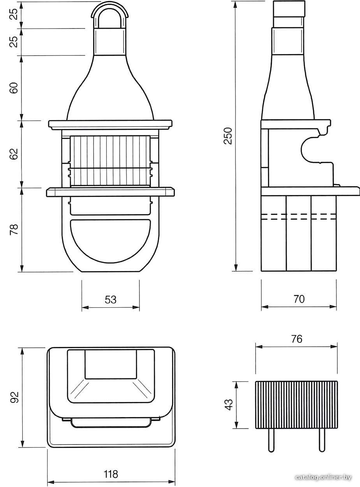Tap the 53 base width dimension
(x=111, y=300)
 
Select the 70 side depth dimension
(x=299, y=299)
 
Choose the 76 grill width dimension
(x=296, y=339)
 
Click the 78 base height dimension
(x=14, y=229)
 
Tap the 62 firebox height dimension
(x=14, y=154)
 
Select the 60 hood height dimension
(x=14, y=88)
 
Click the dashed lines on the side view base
(x=298, y=216)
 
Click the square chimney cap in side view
(x=289, y=9)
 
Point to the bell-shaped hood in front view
(x=110, y=88)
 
